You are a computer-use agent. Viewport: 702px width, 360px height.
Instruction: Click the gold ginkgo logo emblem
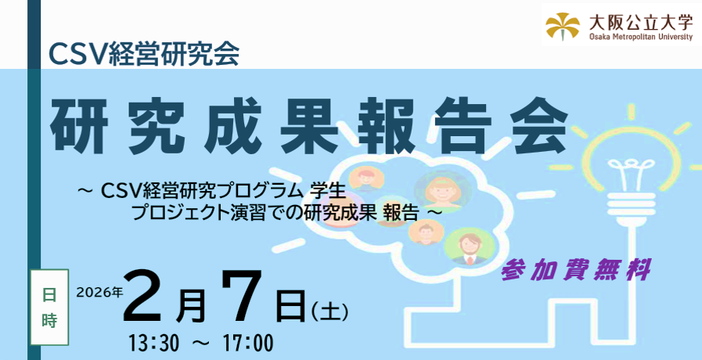(563, 26)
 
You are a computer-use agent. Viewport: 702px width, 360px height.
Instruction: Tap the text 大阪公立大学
(641, 21)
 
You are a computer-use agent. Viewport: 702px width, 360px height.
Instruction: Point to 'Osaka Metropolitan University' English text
(641, 37)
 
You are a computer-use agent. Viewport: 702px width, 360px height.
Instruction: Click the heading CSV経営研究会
(144, 54)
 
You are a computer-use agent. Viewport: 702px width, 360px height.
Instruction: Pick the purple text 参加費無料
(576, 270)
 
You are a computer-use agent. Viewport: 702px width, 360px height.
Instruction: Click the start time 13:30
(154, 344)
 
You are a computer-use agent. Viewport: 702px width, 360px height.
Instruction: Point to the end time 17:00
(247, 344)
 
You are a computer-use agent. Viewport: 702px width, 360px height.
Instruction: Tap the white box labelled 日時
(49, 307)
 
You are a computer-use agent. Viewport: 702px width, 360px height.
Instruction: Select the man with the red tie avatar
(469, 247)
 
